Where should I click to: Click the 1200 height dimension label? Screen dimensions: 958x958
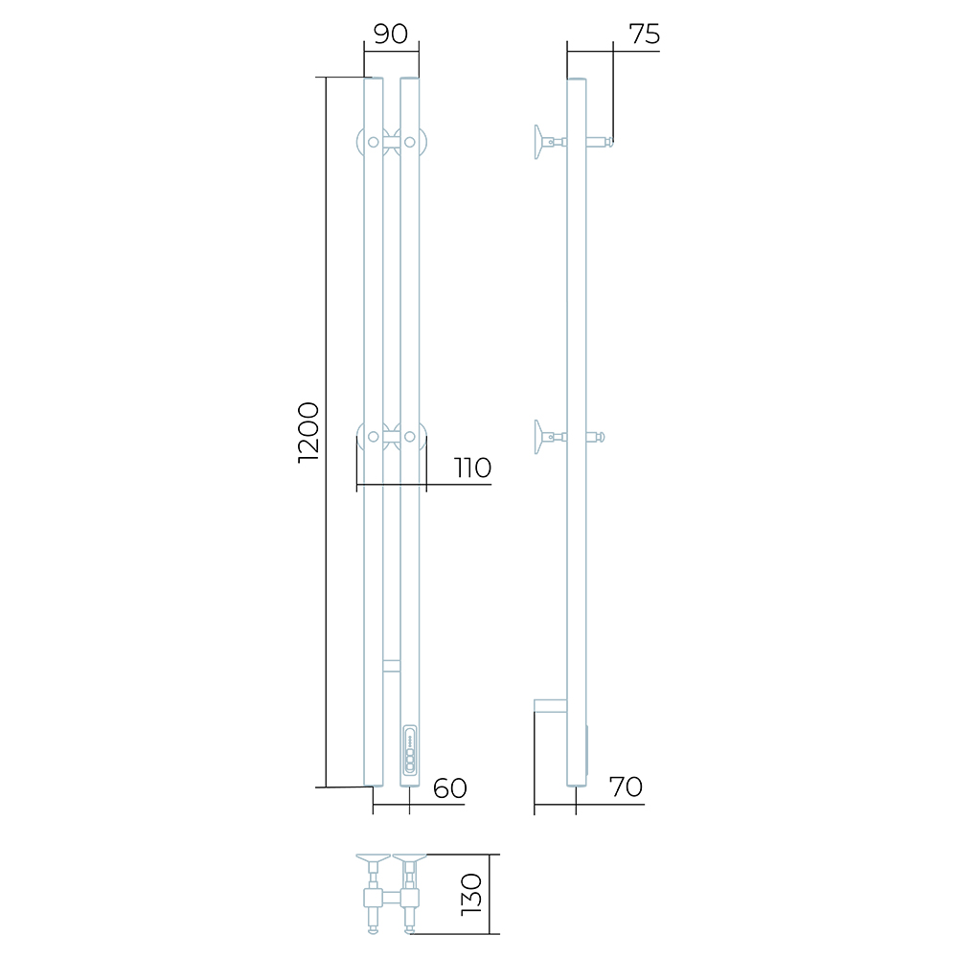tap(308, 433)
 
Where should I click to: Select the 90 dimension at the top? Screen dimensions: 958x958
tap(391, 34)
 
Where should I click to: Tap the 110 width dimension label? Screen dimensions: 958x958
tap(473, 468)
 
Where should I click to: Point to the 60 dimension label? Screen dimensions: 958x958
tap(449, 788)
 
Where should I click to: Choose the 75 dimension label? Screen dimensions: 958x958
tap(645, 34)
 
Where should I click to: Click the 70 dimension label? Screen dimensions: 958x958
tap(626, 787)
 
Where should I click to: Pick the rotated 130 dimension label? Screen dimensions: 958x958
tap(471, 894)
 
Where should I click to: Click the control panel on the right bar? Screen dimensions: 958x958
tap(410, 751)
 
